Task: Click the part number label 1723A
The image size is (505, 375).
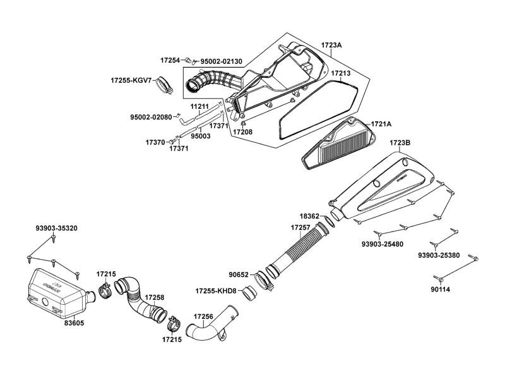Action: [331, 46]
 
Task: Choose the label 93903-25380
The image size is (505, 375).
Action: [439, 255]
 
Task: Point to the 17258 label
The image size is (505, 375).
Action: [155, 297]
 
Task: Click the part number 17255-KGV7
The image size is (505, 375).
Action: [131, 81]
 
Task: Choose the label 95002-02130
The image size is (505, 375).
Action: [223, 61]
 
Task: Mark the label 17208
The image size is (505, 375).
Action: [242, 132]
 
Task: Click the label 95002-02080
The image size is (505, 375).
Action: [151, 117]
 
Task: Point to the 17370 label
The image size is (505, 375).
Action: [155, 142]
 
